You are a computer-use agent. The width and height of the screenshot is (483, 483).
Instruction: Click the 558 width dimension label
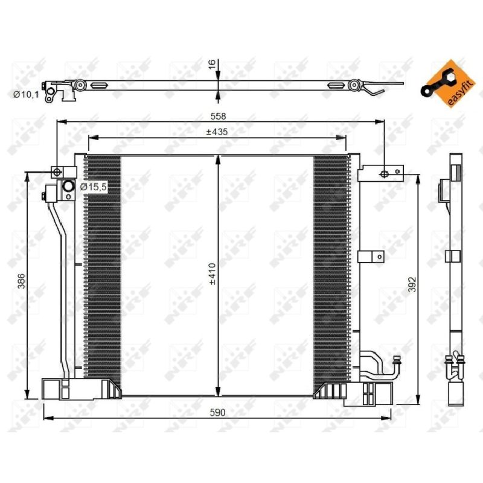tap(218, 116)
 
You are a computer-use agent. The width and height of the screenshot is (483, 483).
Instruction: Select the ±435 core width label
tap(217, 132)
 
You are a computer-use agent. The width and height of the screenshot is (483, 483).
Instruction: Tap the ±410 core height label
tap(213, 274)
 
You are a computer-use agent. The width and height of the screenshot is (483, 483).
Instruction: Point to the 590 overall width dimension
tap(217, 412)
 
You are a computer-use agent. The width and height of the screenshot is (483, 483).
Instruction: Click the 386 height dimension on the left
tap(21, 281)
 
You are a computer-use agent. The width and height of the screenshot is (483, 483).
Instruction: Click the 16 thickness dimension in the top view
tap(213, 65)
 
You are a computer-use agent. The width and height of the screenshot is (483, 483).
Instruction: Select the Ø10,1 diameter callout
tap(26, 95)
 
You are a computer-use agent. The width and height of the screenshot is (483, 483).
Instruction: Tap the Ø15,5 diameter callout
tap(94, 187)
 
